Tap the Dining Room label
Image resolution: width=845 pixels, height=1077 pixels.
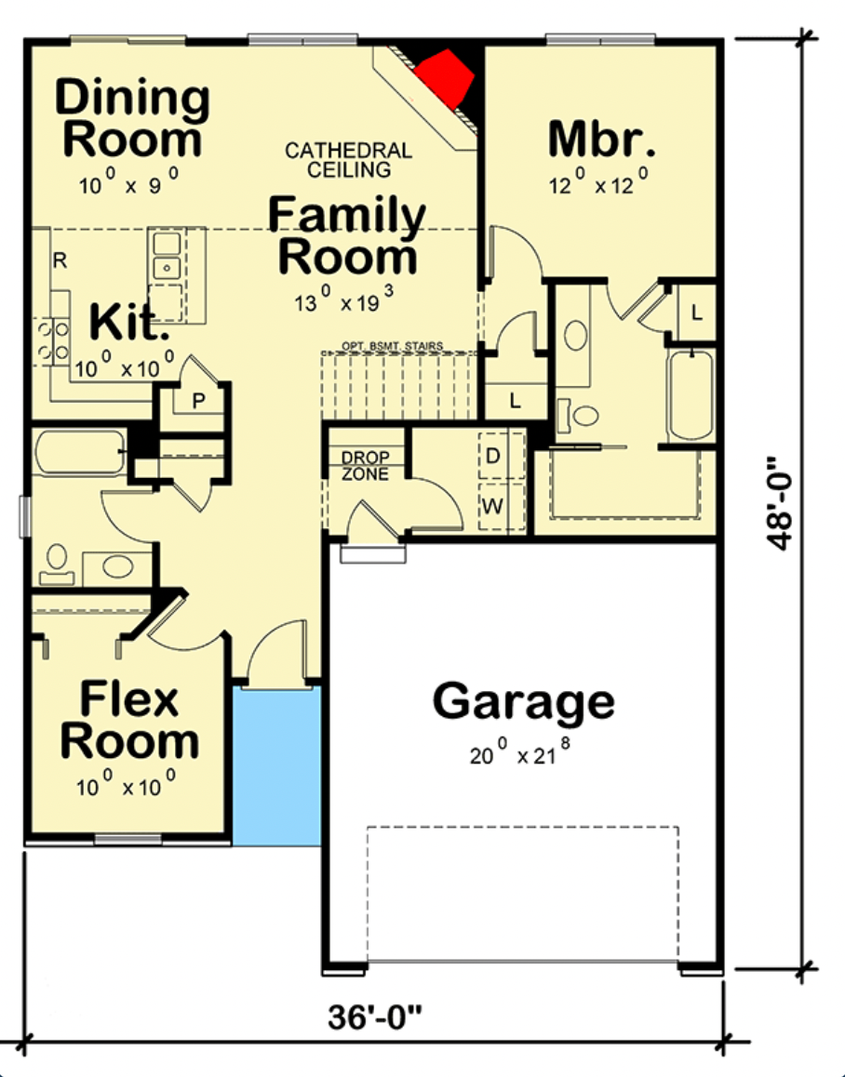tap(132, 118)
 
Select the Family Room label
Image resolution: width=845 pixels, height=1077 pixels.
tap(347, 235)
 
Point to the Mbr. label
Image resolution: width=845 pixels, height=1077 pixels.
tap(601, 140)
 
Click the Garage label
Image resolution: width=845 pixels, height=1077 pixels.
tap(524, 701)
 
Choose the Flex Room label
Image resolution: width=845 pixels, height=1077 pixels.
tap(129, 720)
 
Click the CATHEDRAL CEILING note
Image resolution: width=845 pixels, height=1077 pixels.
tap(349, 160)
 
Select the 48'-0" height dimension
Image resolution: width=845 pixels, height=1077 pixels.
tap(780, 503)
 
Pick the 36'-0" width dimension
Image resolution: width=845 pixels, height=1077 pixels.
tap(375, 1017)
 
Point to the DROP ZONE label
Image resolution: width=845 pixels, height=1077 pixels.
tap(365, 466)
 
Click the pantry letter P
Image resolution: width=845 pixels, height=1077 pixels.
tap(199, 401)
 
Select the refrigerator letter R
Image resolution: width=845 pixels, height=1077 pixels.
tap(60, 261)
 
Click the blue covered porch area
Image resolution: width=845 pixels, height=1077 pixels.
tap(276, 766)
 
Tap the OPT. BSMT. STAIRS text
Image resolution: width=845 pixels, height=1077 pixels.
tap(393, 346)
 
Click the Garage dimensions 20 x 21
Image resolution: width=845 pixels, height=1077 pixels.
tap(520, 753)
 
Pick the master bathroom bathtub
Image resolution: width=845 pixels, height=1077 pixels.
tap(691, 395)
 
